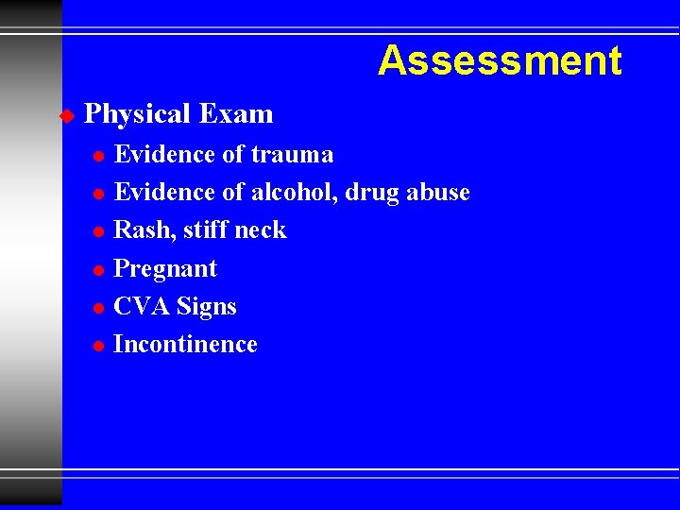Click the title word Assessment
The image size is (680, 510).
pyautogui.click(x=500, y=61)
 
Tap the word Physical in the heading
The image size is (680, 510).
pyautogui.click(x=138, y=114)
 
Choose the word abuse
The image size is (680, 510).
pyautogui.click(x=437, y=192)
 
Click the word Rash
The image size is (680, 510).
pyautogui.click(x=138, y=230)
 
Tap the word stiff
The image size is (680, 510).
pyautogui.click(x=201, y=229)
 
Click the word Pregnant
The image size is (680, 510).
pyautogui.click(x=165, y=269)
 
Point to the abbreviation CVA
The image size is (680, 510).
pyautogui.click(x=142, y=307)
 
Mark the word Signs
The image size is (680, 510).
pyautogui.click(x=207, y=308)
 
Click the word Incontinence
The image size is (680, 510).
pyautogui.click(x=185, y=345)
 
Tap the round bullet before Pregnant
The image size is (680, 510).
pyautogui.click(x=98, y=270)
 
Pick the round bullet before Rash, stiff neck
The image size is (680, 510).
pyautogui.click(x=98, y=231)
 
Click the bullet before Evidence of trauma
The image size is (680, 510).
pyautogui.click(x=98, y=155)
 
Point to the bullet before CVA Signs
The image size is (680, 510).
pyautogui.click(x=98, y=308)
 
